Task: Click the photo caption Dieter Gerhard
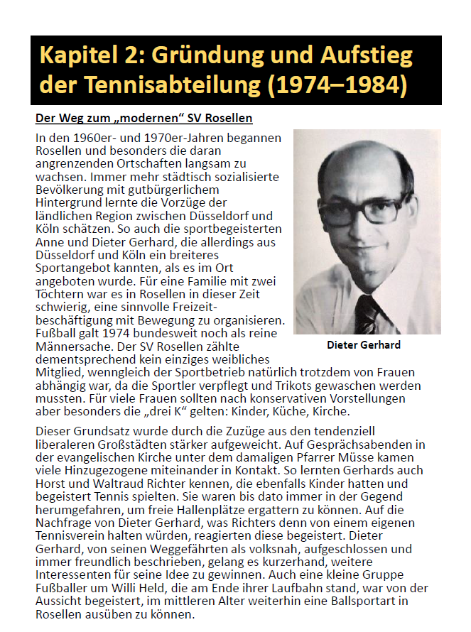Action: [364, 345]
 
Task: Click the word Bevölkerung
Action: [74, 190]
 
